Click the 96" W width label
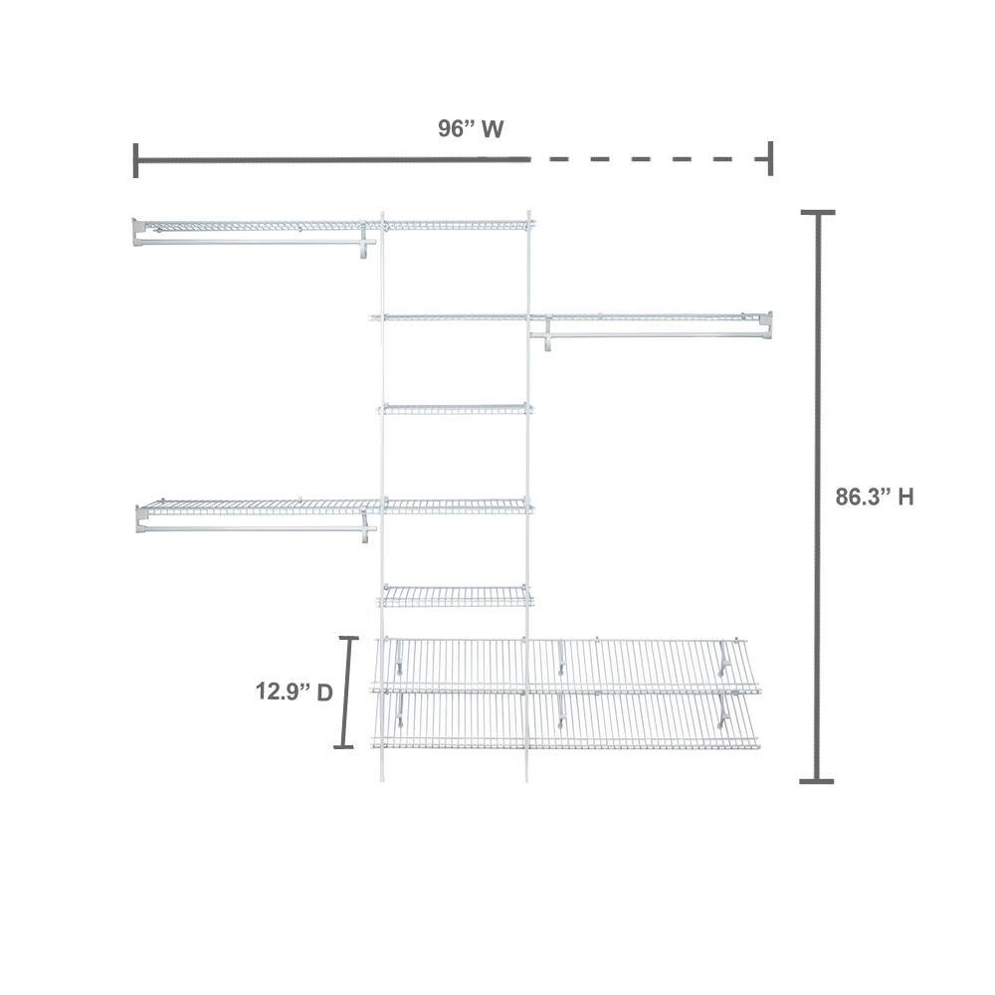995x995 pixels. click(x=471, y=128)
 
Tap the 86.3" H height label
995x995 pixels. click(x=875, y=497)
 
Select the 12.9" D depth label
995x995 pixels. click(x=294, y=692)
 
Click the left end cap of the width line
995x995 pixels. click(x=135, y=160)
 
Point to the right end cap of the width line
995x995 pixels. click(x=770, y=158)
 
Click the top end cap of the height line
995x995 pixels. click(x=817, y=213)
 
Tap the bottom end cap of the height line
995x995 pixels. click(x=817, y=780)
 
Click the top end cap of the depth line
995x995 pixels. click(x=349, y=639)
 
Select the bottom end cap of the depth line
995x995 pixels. click(x=343, y=746)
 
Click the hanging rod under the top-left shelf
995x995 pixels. click(x=254, y=242)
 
